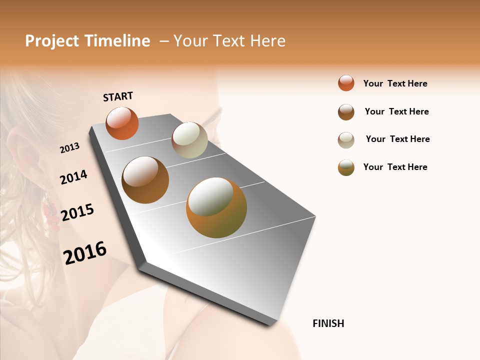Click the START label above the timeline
click(x=118, y=96)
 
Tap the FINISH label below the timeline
click(x=328, y=323)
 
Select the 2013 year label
click(x=69, y=148)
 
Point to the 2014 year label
click(x=73, y=177)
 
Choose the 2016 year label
click(x=85, y=253)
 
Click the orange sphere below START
click(x=122, y=123)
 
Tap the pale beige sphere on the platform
click(x=189, y=140)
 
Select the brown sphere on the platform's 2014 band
click(x=145, y=180)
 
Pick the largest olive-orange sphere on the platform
click(x=216, y=207)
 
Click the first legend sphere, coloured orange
click(x=346, y=83)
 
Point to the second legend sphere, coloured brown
click(x=346, y=112)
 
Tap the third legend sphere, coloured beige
click(x=346, y=140)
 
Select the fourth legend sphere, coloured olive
click(x=346, y=167)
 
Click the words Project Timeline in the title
click(x=87, y=41)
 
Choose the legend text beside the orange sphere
click(x=395, y=83)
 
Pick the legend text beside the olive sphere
click(x=395, y=167)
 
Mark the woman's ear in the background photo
click(x=25, y=150)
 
